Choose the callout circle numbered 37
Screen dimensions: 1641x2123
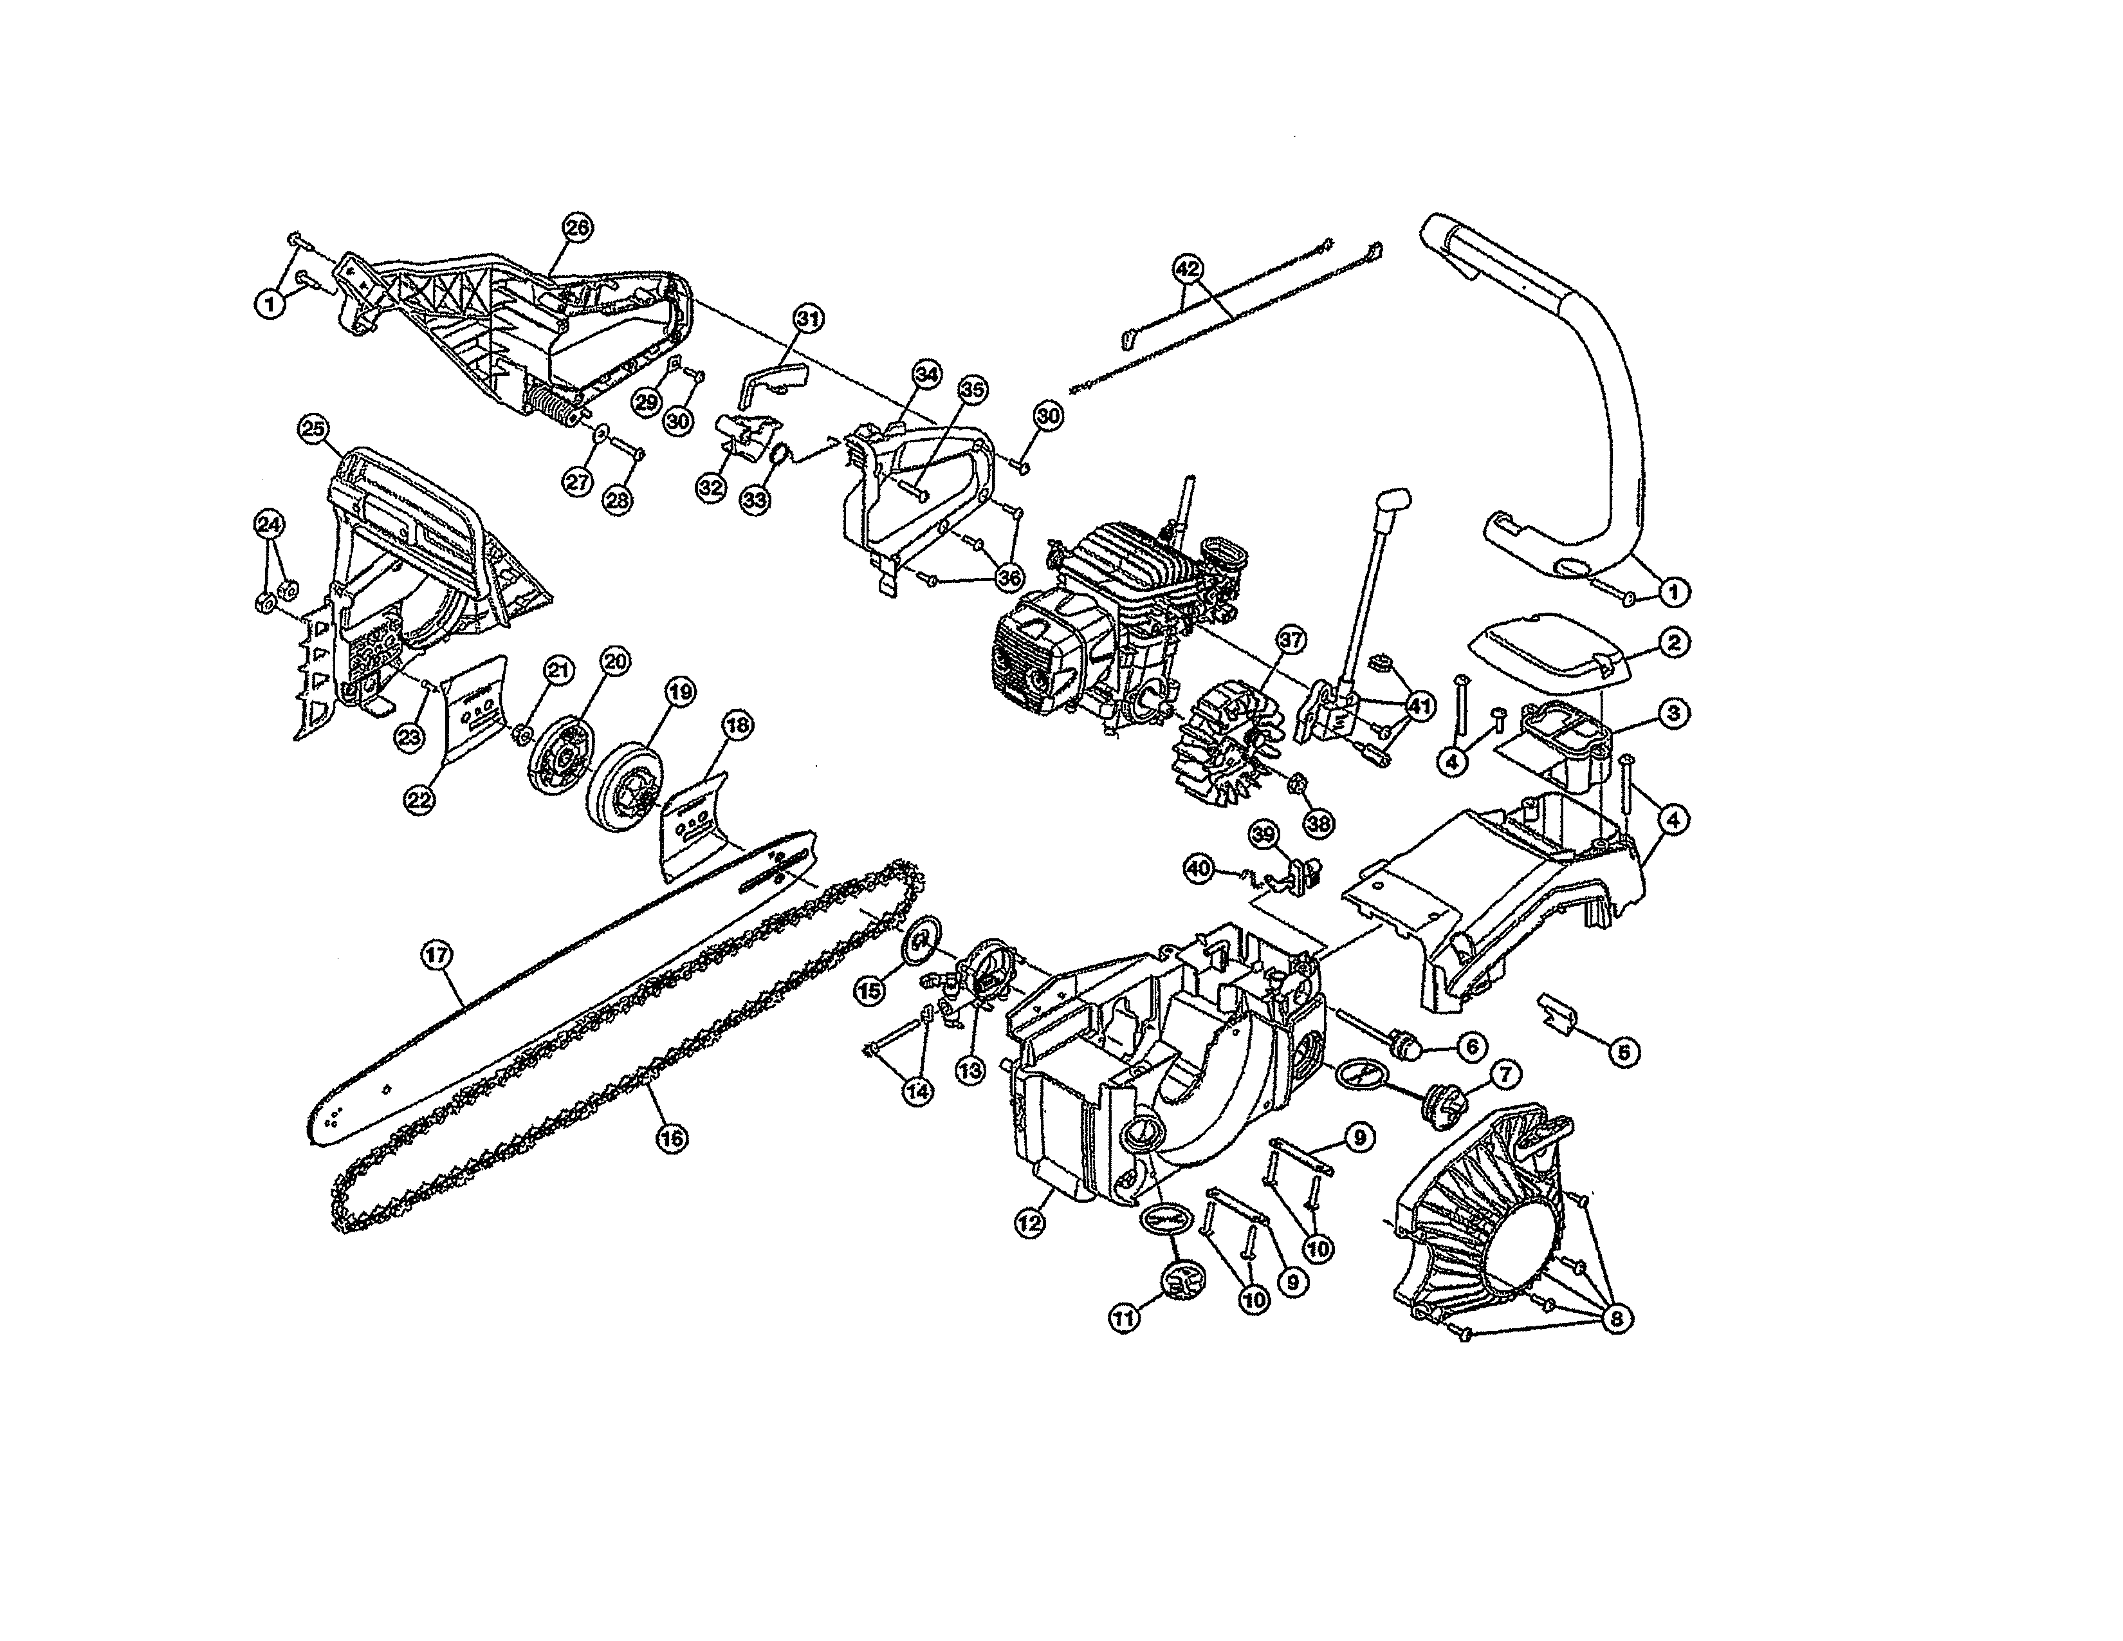[1291, 640]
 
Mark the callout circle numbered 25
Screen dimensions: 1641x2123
[313, 430]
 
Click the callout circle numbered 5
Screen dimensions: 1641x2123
[1623, 1051]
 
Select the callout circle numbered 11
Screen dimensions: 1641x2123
[1124, 1319]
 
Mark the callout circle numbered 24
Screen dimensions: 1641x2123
[270, 524]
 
